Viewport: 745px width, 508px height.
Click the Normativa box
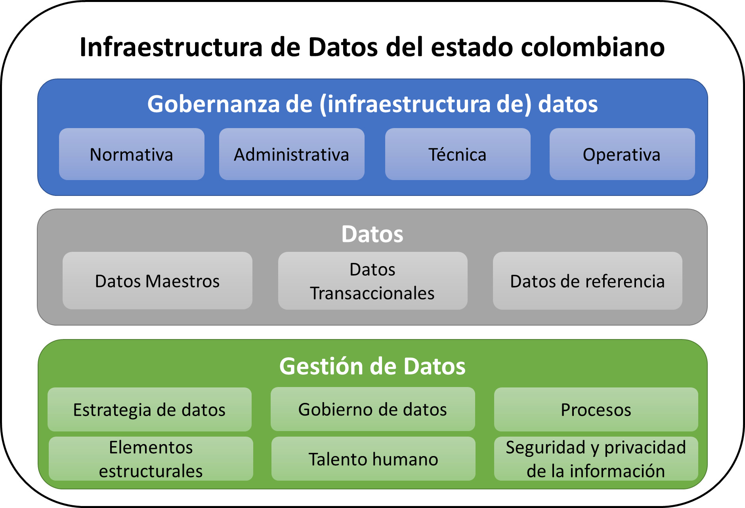click(132, 154)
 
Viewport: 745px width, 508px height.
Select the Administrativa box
click(292, 154)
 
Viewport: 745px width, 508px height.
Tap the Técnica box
click(458, 154)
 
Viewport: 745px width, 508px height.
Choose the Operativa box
click(622, 154)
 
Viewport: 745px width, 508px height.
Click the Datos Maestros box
click(157, 281)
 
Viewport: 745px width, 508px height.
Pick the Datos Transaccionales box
click(373, 281)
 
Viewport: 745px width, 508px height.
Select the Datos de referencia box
click(588, 281)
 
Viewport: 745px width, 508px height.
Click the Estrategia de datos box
click(149, 409)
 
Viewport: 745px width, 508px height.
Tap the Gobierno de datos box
click(373, 409)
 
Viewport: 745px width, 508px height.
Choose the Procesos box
click(596, 409)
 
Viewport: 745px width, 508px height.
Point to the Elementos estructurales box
click(151, 459)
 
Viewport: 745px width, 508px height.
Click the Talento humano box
click(373, 459)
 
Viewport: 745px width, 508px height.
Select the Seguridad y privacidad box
click(596, 459)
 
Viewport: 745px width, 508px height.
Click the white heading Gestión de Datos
click(372, 366)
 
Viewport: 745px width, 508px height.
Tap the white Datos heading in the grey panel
click(372, 234)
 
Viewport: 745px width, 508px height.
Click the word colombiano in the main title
click(593, 47)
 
